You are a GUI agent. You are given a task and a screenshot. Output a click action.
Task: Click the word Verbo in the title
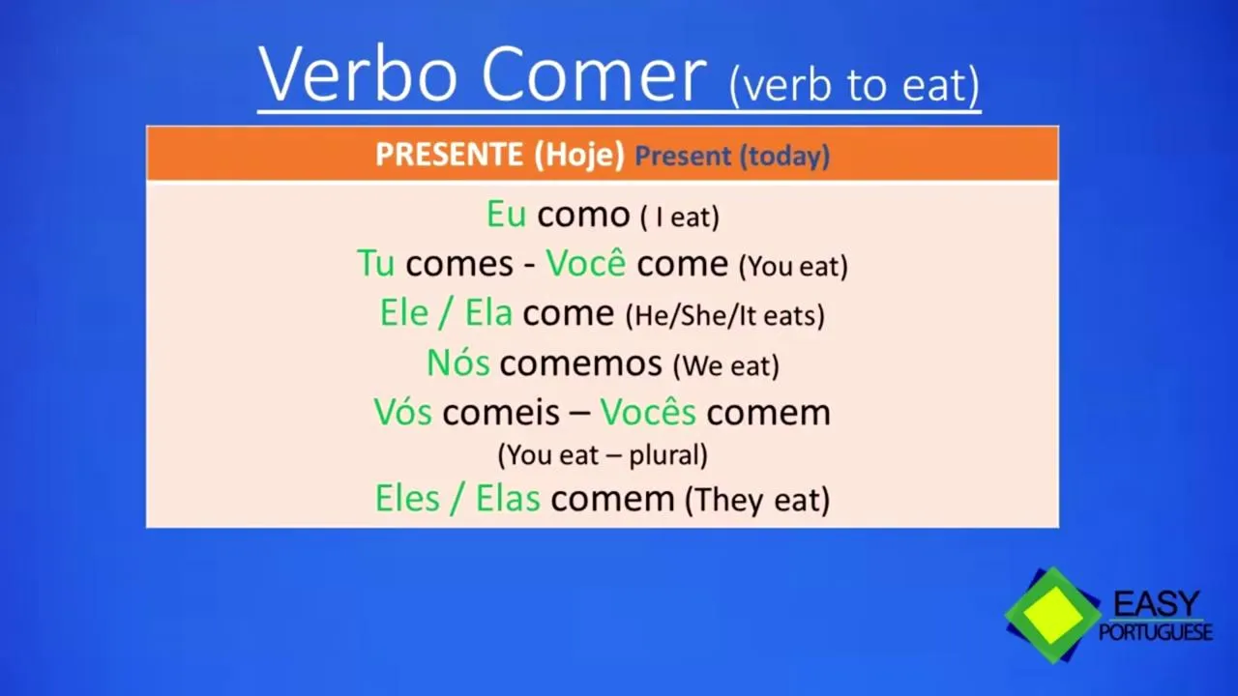pos(358,74)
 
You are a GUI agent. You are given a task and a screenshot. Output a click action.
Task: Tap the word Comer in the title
pos(594,75)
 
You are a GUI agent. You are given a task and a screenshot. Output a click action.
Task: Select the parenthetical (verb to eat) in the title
pos(855,84)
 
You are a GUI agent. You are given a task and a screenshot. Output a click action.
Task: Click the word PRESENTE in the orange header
pos(449,154)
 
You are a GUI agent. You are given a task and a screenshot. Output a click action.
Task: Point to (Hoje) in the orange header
pos(579,156)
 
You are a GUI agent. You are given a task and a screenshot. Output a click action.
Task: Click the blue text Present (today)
pos(732,156)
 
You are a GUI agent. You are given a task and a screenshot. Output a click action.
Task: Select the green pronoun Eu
pos(506,215)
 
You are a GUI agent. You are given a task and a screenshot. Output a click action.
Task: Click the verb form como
pos(583,216)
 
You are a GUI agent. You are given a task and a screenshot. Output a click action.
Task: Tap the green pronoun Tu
pos(376,263)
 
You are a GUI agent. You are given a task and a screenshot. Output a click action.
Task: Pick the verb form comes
pos(459,265)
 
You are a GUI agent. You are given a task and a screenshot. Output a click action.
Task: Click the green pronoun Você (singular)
pos(586,262)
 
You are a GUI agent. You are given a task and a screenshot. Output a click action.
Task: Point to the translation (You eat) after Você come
pos(793,266)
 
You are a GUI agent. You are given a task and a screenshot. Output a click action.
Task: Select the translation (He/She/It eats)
pos(725,315)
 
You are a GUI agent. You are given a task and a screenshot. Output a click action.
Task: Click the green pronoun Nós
pos(458,362)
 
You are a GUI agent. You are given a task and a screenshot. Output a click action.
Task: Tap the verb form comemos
pos(581,364)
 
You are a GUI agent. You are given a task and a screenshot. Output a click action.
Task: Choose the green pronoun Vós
pos(403,412)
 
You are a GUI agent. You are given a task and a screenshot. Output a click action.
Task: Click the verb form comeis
pos(501,412)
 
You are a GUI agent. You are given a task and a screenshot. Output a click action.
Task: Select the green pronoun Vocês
pos(648,411)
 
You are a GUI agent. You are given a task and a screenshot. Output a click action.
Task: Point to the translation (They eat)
pos(757,500)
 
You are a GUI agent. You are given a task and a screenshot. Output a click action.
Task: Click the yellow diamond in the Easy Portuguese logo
pos(1053,616)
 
